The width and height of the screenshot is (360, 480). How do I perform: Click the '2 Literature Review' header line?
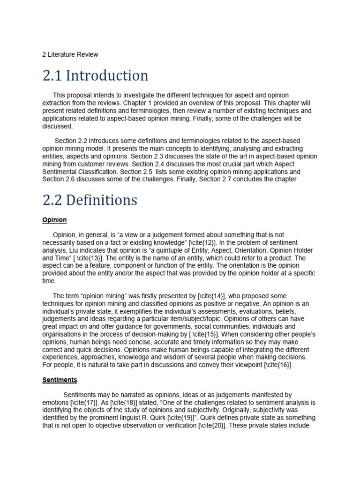[70, 54]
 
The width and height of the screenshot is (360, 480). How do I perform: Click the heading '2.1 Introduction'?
[95, 75]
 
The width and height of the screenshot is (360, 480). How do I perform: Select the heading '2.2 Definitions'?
[90, 200]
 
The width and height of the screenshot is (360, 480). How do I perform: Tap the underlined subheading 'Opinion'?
[54, 220]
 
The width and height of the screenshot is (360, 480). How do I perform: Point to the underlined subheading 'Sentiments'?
[60, 380]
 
